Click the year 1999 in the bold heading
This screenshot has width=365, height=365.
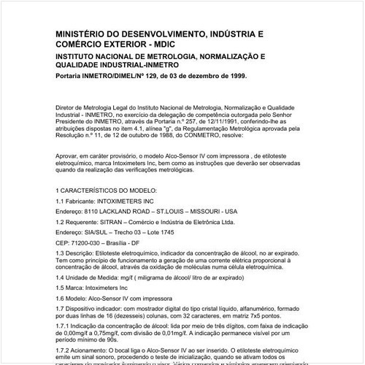pyautogui.click(x=235, y=76)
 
